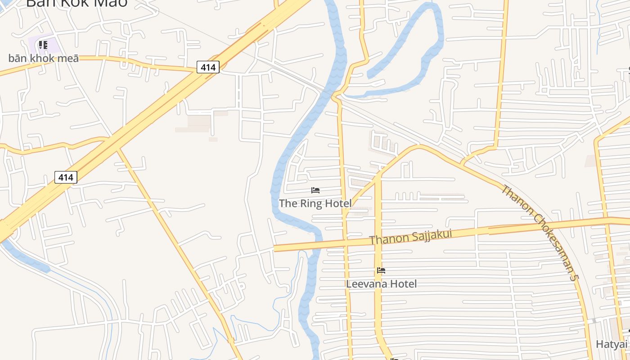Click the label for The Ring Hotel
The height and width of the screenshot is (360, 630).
pyautogui.click(x=315, y=203)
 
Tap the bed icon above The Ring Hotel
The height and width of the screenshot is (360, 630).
pyautogui.click(x=315, y=190)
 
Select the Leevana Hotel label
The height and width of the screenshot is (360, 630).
pyautogui.click(x=381, y=283)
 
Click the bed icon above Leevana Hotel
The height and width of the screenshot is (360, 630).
pyautogui.click(x=381, y=270)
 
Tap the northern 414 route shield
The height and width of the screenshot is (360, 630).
pyautogui.click(x=208, y=67)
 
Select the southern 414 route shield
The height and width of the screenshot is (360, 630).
pyautogui.click(x=66, y=177)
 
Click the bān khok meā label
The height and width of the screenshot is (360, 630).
pyautogui.click(x=44, y=58)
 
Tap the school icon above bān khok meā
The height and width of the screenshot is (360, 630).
pyautogui.click(x=43, y=45)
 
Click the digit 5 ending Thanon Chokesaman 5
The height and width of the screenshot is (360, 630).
pyautogui.click(x=573, y=277)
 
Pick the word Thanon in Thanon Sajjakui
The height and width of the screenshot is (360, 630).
pyautogui.click(x=384, y=239)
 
